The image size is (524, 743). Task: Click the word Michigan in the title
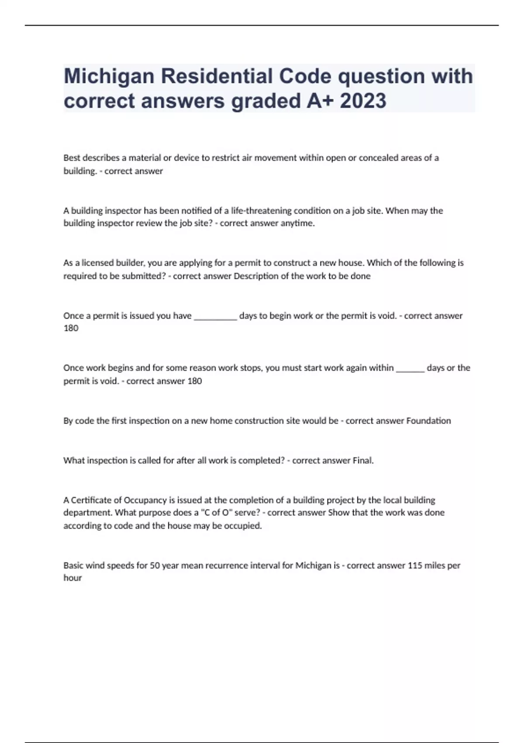pyautogui.click(x=109, y=76)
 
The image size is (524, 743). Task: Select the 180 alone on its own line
pyautogui.click(x=71, y=328)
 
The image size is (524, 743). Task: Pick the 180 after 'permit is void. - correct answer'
pyautogui.click(x=194, y=381)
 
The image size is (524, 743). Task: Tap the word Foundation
pyautogui.click(x=428, y=421)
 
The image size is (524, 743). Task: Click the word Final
pyautogui.click(x=363, y=461)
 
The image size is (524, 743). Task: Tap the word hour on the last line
pyautogui.click(x=72, y=578)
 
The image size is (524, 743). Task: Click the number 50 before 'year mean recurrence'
pyautogui.click(x=155, y=566)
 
